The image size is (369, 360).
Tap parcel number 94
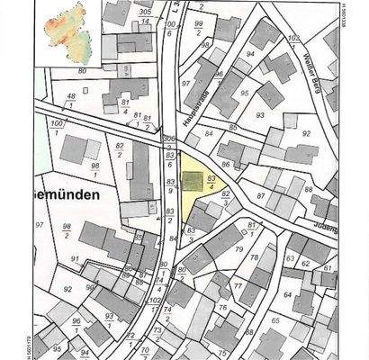(250, 54)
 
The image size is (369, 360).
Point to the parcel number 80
(82, 69)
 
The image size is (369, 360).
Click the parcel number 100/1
(58, 127)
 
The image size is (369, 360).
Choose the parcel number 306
(167, 139)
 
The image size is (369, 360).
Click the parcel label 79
(239, 248)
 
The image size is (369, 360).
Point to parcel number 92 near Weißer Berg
(306, 133)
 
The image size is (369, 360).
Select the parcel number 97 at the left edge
(40, 223)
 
